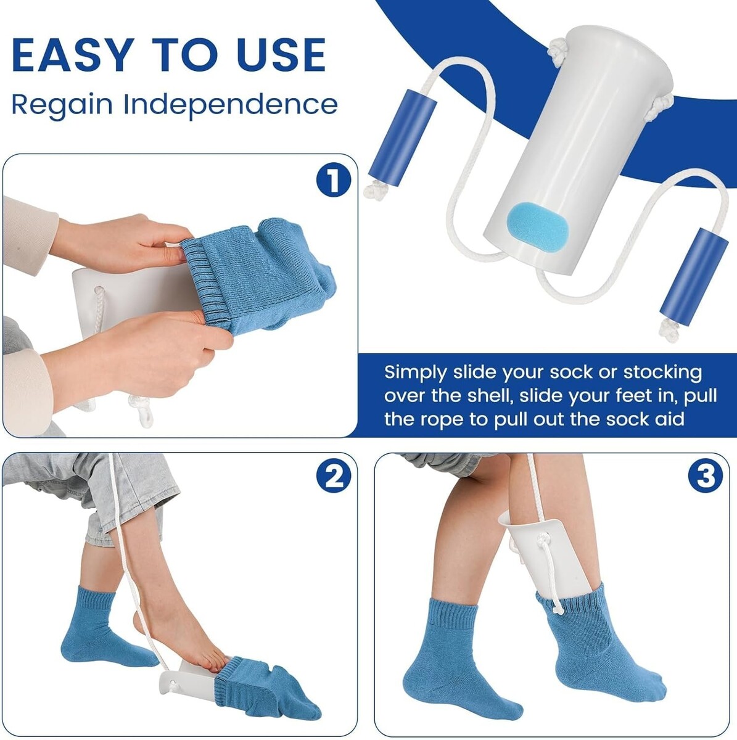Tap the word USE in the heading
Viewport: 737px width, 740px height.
click(x=281, y=54)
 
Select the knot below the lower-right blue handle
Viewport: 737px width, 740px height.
click(x=669, y=331)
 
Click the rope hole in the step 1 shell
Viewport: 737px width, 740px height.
click(x=99, y=290)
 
